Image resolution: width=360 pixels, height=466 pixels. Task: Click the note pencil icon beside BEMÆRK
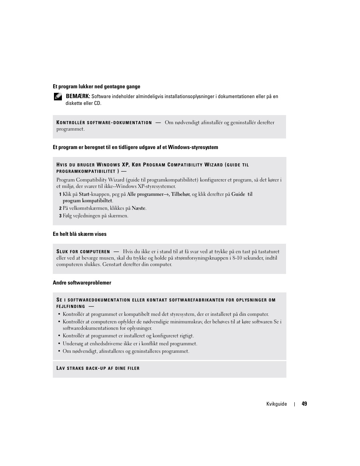pos(58,97)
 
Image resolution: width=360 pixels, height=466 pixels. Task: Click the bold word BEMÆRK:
pos(78,96)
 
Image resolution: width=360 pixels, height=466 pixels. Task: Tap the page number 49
pos(305,404)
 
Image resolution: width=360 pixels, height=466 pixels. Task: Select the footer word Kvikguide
pos(277,404)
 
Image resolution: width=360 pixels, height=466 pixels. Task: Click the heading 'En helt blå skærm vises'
pos(80,234)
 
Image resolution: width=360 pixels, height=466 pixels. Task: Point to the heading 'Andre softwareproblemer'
pos(82,283)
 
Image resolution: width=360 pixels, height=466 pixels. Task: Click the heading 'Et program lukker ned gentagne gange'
pos(96,86)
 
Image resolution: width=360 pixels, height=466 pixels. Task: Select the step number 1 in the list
pos(60,194)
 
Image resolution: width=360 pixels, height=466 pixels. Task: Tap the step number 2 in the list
pos(60,208)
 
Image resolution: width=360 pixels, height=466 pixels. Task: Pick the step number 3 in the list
pos(60,216)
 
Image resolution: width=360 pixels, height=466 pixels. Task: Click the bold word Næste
pos(138,208)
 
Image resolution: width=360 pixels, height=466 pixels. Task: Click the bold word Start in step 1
pos(84,194)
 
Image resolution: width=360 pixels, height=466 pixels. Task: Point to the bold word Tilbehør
pos(180,194)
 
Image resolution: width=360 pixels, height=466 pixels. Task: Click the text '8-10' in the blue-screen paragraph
pos(238,258)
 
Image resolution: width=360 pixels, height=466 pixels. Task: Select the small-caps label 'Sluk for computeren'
pos(83,252)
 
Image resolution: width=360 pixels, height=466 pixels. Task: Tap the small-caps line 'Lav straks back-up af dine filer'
pos(98,368)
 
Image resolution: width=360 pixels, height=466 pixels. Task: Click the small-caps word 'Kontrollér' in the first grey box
pos(70,123)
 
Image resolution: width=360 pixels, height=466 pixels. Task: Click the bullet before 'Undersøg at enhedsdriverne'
pos(59,344)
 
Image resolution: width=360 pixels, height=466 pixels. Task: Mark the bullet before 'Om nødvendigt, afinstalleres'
pos(59,351)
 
